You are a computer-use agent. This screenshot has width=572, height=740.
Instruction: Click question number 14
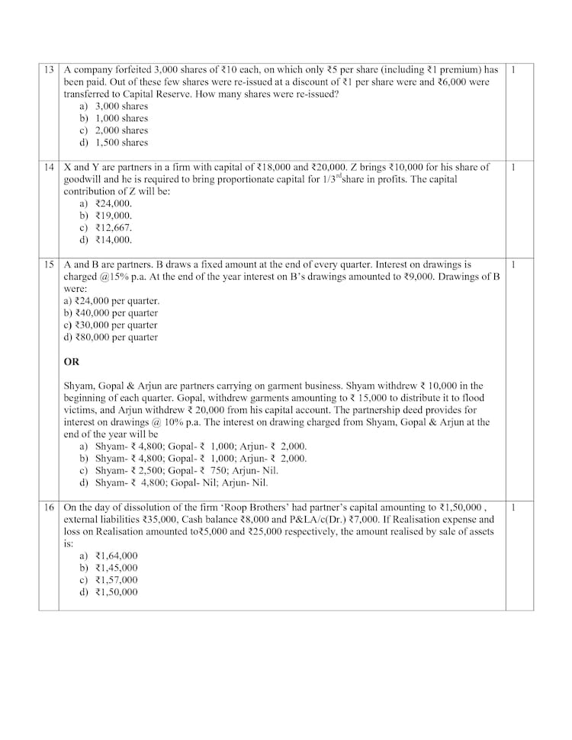[x=48, y=167]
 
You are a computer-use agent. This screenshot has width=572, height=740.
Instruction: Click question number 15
[x=48, y=264]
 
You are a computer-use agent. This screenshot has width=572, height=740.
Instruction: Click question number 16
[x=48, y=507]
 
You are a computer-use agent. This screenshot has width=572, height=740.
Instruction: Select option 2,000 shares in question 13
[x=121, y=130]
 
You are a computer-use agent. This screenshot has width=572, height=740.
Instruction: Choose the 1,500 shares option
[x=121, y=143]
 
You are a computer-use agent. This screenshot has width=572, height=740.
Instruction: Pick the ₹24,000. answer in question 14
[x=114, y=203]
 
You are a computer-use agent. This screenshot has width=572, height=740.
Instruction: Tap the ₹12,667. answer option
[x=114, y=228]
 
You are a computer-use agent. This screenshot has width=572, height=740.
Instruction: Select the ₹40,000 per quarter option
[x=111, y=313]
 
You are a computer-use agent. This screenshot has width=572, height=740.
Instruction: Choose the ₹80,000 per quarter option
[x=111, y=338]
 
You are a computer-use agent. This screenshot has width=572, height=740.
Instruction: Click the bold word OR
[x=72, y=362]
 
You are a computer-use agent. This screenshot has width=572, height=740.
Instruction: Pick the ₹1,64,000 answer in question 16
[x=117, y=556]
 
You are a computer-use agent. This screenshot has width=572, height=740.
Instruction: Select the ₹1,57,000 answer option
[x=117, y=580]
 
